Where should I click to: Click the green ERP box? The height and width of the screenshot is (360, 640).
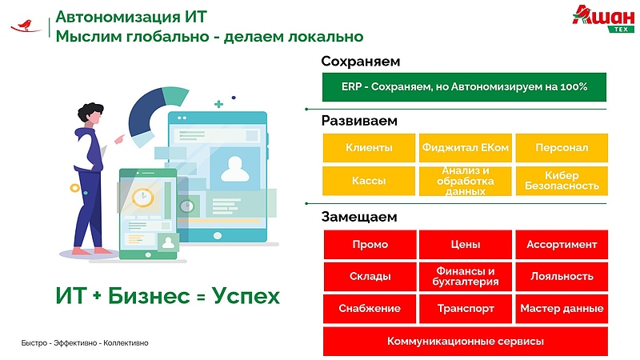[x=464, y=87]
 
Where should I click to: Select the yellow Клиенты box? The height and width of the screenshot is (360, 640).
[x=369, y=148]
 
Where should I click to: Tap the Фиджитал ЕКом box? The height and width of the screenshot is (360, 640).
[x=466, y=148]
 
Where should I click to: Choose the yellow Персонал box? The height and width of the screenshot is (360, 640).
[x=562, y=148]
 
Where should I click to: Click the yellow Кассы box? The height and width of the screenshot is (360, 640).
[x=369, y=181]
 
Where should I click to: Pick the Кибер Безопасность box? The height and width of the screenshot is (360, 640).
[x=562, y=181]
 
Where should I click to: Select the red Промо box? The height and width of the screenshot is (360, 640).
[x=369, y=245]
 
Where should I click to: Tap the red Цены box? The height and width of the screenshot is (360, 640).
[x=466, y=245]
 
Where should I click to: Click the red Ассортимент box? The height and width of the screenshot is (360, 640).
[x=562, y=245]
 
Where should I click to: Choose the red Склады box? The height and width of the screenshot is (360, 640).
[x=369, y=277]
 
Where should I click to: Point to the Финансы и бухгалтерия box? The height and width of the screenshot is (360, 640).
[x=466, y=277]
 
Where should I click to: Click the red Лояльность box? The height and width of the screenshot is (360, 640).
[x=562, y=277]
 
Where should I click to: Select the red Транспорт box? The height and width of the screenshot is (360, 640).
[x=466, y=309]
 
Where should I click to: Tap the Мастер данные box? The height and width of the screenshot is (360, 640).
[x=562, y=309]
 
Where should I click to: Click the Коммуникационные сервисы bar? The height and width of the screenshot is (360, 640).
[x=466, y=342]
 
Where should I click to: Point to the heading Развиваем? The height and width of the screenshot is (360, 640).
[x=359, y=121]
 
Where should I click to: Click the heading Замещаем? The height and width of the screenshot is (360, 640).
[x=359, y=217]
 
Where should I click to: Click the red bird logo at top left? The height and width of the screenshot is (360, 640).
[x=26, y=26]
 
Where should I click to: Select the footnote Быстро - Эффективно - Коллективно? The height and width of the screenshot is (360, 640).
[x=85, y=343]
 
